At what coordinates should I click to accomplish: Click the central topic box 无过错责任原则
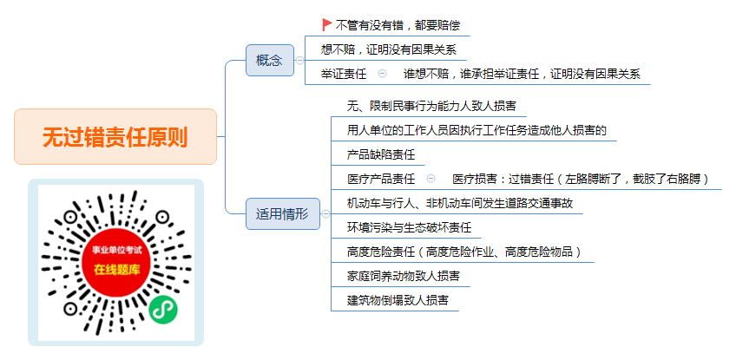(x=115, y=136)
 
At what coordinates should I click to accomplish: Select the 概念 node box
(x=270, y=60)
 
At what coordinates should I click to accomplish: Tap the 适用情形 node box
(x=283, y=214)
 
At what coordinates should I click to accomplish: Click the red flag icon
(x=327, y=24)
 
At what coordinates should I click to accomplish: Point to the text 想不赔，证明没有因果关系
(x=389, y=49)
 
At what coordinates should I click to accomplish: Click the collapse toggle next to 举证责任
(x=383, y=74)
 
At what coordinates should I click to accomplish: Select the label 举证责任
(x=344, y=74)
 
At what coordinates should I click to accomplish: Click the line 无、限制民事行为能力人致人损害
(x=432, y=105)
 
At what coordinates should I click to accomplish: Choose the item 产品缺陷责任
(x=381, y=154)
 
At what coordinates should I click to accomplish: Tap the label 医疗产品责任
(x=381, y=179)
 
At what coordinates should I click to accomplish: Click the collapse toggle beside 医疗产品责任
(x=430, y=179)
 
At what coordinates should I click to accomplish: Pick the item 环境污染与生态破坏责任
(x=409, y=227)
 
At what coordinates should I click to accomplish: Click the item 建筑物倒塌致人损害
(x=398, y=300)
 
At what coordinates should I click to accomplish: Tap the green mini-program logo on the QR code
(x=164, y=310)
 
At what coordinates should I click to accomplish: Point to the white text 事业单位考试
(x=117, y=251)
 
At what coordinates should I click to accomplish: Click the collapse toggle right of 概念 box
(x=299, y=60)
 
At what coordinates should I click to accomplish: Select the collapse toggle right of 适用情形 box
(x=325, y=214)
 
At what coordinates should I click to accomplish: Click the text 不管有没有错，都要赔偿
(x=398, y=25)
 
